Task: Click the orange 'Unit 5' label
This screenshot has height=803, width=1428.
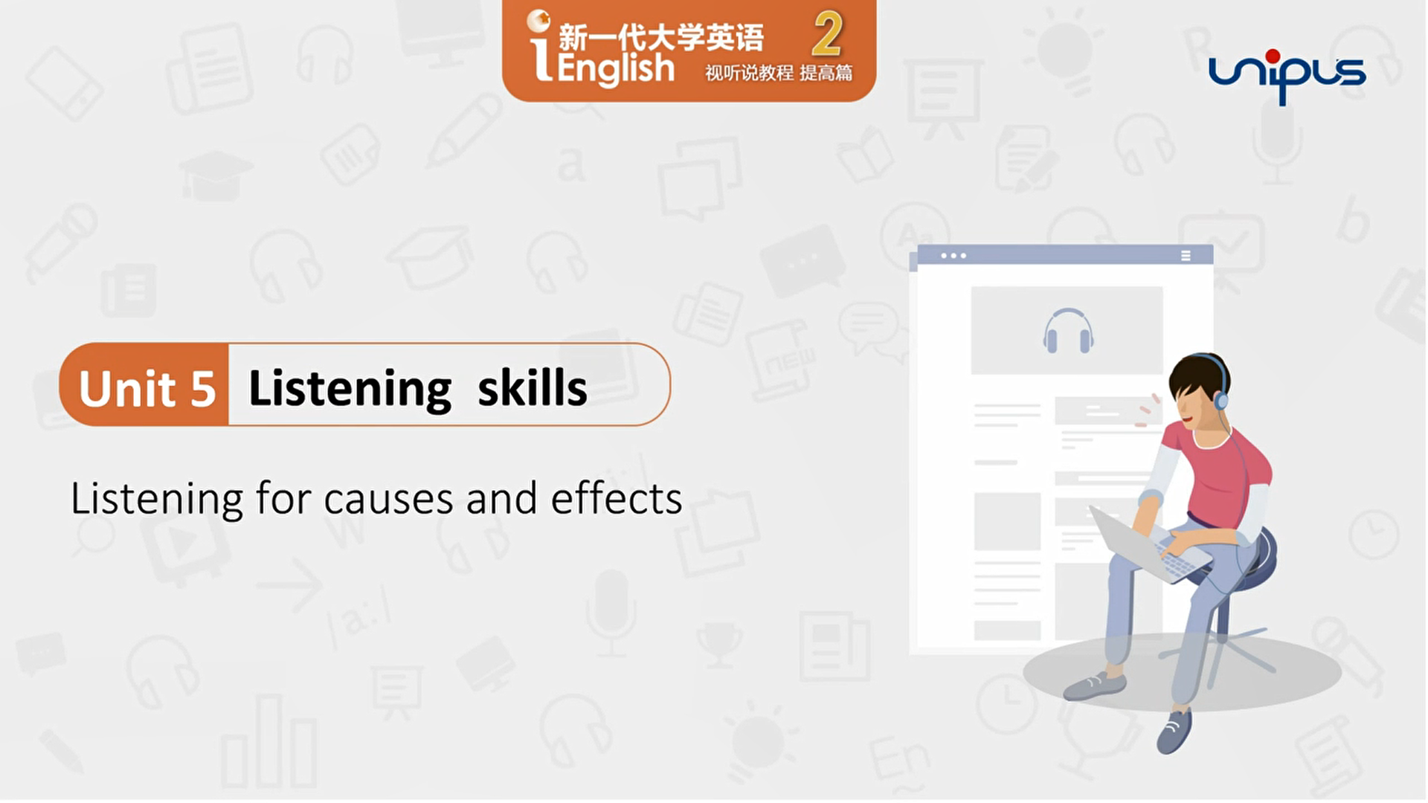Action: [x=147, y=387]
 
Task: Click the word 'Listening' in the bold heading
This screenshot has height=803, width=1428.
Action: [x=350, y=389]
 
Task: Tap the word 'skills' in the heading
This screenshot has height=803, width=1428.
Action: [x=532, y=387]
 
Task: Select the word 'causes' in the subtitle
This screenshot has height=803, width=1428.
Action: [x=388, y=500]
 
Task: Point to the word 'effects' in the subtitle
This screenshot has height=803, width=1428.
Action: [x=616, y=498]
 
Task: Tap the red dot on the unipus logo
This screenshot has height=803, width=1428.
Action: [x=1273, y=56]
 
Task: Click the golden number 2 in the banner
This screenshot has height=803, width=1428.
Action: [x=827, y=35]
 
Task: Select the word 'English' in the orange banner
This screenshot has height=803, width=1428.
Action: [x=615, y=69]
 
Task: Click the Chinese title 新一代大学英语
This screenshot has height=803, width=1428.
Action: [x=660, y=37]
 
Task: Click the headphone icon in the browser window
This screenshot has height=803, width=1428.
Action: [x=1068, y=331]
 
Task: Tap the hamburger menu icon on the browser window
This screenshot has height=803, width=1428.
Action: [x=1186, y=256]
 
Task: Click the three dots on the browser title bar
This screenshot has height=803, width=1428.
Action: [x=953, y=256]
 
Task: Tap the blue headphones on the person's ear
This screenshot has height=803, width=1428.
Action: [x=1220, y=399]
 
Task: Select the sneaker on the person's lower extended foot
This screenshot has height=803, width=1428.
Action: [x=1174, y=732]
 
